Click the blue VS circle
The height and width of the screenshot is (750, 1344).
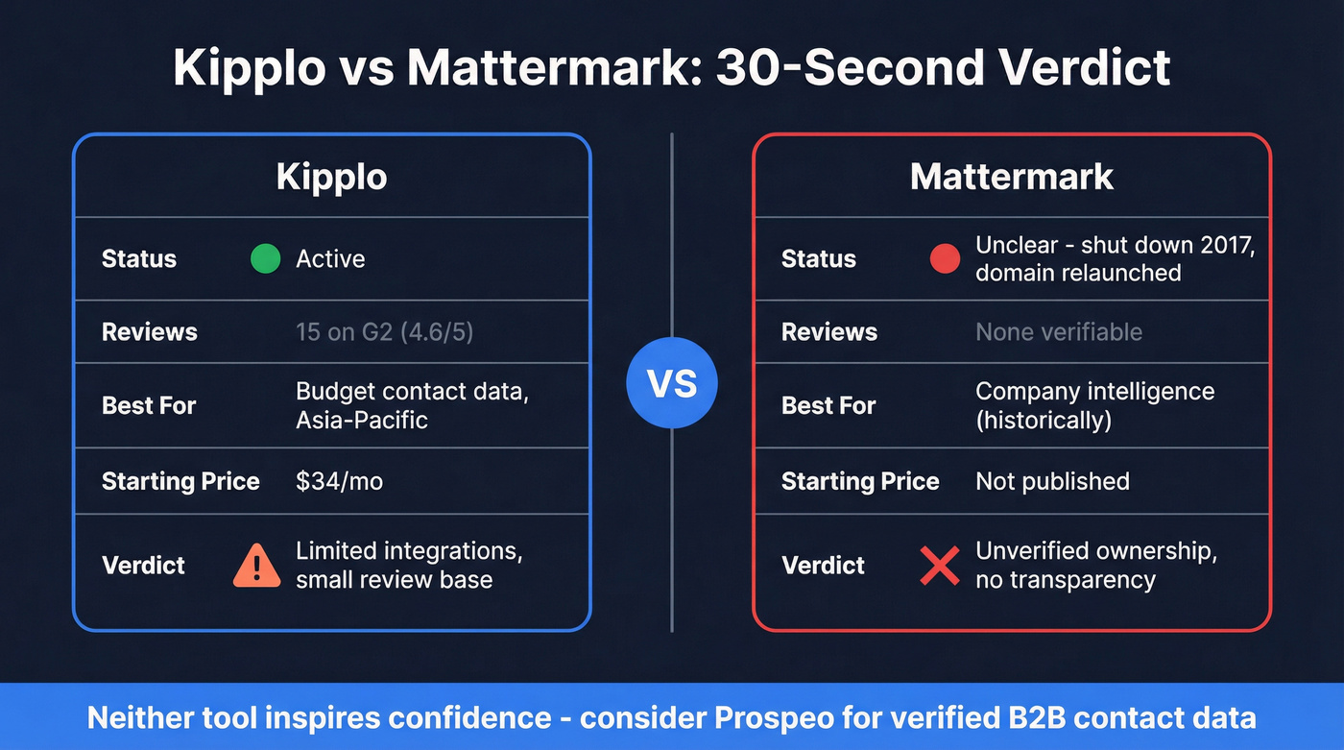coord(672,384)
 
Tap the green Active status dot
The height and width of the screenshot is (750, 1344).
coord(265,258)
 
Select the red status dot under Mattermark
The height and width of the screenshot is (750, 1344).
coord(945,258)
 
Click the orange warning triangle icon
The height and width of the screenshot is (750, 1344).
coord(256,566)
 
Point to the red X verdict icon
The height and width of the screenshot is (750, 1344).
coord(939,566)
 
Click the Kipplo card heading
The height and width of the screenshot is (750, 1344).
coord(331,177)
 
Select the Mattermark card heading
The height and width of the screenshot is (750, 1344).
coord(1012,177)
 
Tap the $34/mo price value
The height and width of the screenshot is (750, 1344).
coord(339,481)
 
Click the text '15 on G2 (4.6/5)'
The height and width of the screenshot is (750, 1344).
coord(384,332)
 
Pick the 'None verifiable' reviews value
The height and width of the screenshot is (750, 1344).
coord(1059,332)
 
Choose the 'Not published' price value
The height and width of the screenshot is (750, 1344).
coord(1052,481)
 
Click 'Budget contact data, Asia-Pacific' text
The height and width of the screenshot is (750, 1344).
coord(412,405)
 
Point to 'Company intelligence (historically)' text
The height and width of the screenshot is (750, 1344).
coord(1094,405)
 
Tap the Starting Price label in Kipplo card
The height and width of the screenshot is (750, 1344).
coord(180,481)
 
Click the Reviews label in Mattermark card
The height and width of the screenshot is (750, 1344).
coord(829,332)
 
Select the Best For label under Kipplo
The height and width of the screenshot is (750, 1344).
coord(149,405)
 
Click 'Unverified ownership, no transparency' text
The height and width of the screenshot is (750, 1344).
coord(1096,566)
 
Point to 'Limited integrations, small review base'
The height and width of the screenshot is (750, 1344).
coord(408,566)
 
